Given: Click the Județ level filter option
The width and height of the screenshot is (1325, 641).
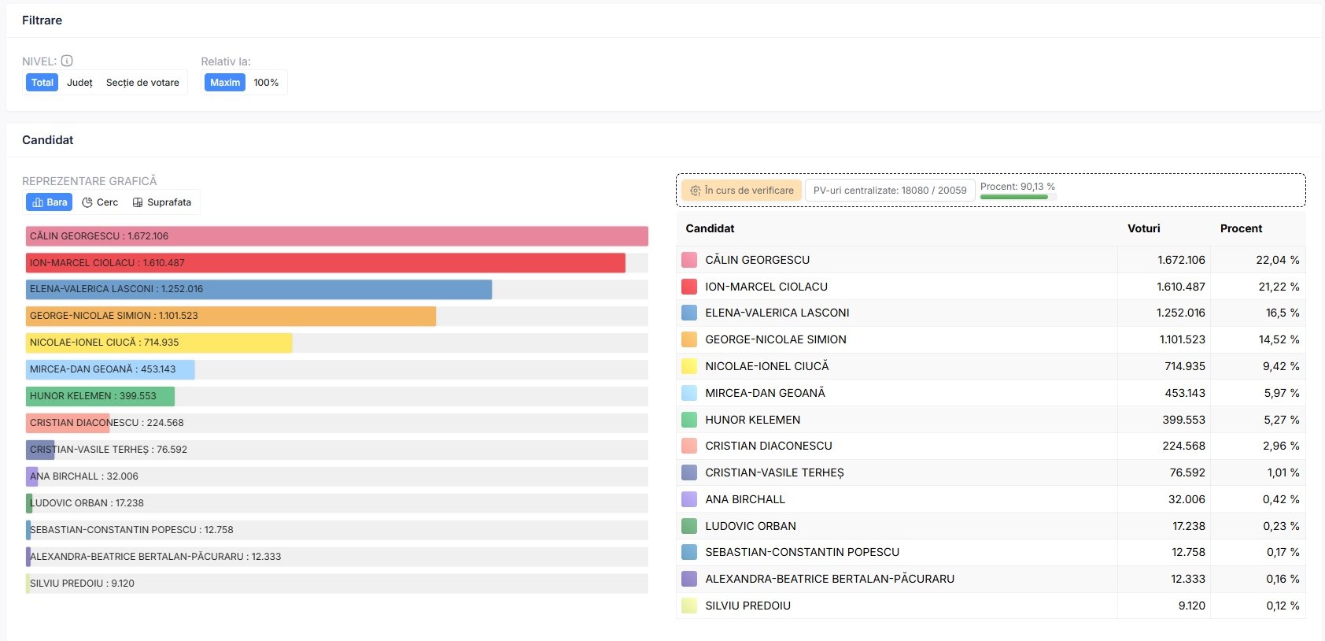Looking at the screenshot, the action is pos(79,82).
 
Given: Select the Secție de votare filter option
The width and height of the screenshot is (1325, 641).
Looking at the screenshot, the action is pos(142,82).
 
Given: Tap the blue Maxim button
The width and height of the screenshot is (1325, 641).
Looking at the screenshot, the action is pos(225,82).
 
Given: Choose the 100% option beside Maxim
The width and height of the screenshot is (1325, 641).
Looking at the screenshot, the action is pos(266,82).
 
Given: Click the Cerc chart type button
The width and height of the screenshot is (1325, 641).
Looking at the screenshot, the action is pos(100,202).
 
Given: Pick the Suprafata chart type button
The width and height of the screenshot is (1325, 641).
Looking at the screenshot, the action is pos(162,202).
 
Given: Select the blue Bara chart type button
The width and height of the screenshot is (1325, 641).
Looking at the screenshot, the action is pos(49,202).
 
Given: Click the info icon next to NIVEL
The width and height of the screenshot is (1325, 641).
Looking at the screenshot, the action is pos(67,61).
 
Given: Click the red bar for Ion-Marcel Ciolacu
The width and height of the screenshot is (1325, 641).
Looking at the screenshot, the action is pos(325,263).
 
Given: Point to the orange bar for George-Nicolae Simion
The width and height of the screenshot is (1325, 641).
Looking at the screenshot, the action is pos(231,316).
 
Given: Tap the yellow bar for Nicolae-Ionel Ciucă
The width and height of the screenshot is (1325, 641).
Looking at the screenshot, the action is pos(159,343).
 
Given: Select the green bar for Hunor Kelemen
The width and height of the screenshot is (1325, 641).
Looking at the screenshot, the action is pos(100,396).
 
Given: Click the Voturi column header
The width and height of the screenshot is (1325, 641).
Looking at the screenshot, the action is pos(1143,228).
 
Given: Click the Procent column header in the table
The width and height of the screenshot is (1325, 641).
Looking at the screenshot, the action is pos(1241,228).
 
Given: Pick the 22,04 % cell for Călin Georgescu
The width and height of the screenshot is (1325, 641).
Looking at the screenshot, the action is pos(1278,260).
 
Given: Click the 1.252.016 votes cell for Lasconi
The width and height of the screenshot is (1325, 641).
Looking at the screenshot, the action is pos(1181,313).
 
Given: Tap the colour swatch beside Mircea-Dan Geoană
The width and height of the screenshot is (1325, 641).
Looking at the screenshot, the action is pos(689,393).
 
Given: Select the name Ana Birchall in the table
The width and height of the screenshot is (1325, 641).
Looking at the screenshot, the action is pos(744,499).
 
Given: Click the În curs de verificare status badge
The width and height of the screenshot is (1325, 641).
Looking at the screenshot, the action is pos(742,191).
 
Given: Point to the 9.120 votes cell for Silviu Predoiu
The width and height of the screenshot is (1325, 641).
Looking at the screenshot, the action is pos(1191,606).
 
